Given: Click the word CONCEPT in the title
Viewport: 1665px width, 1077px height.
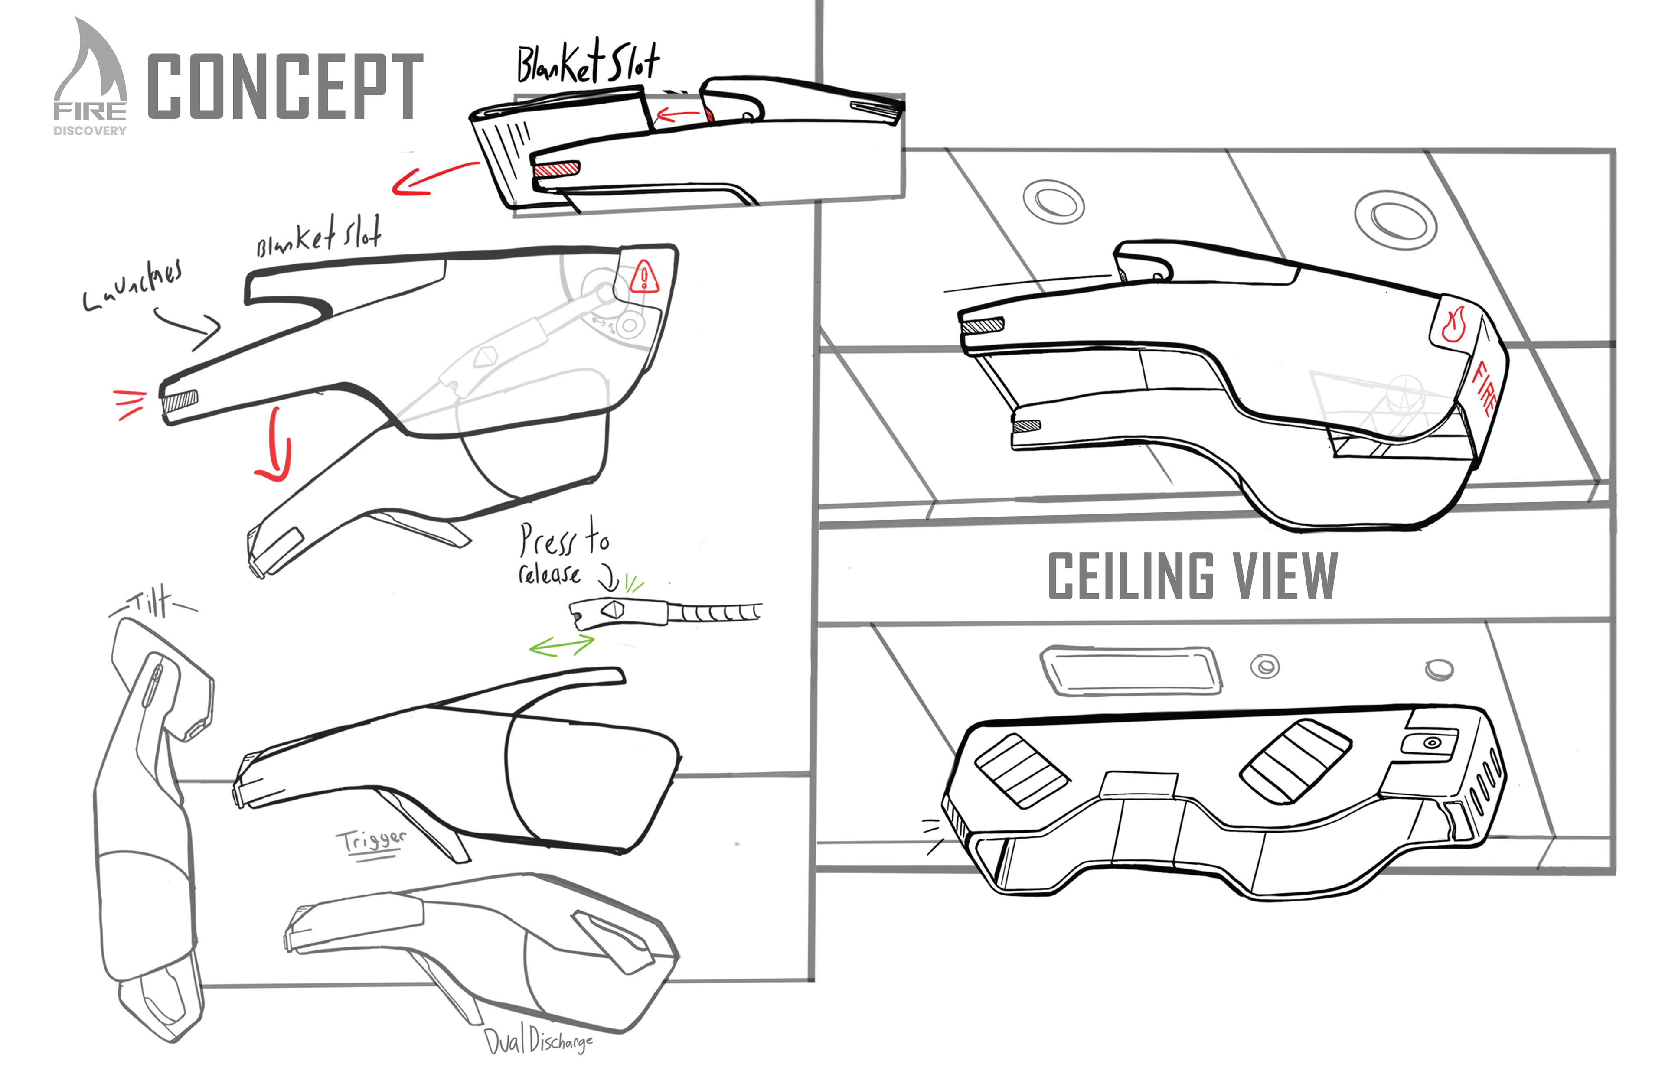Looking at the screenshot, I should (285, 86).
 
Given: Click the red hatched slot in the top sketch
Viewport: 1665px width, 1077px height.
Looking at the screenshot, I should (556, 169).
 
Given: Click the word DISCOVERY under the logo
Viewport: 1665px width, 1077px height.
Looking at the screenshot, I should (90, 131).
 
